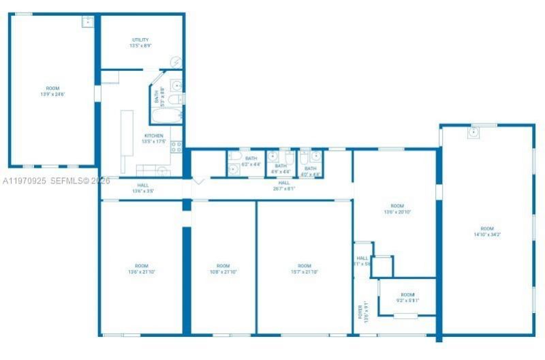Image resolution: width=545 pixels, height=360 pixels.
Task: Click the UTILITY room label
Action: tap(141, 40)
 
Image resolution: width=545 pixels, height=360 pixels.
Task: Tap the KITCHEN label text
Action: tap(153, 136)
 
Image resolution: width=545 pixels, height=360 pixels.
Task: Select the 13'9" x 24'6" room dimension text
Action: tap(52, 94)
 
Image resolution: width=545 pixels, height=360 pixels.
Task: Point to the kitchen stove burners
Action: tap(176, 146)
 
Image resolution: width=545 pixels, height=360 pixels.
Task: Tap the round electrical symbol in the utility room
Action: tap(176, 63)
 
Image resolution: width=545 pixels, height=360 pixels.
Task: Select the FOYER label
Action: tap(360, 312)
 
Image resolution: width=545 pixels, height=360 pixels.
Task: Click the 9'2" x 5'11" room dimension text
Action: tap(407, 300)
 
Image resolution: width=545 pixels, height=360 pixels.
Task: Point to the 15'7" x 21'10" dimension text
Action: tap(305, 272)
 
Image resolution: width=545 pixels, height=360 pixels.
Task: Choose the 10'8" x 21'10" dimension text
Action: tap(223, 272)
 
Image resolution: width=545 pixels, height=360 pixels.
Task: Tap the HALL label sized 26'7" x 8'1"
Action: tap(284, 183)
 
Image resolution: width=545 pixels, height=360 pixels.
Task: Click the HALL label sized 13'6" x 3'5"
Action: tap(143, 185)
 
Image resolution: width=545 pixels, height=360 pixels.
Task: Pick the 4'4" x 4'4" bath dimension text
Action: tap(281, 172)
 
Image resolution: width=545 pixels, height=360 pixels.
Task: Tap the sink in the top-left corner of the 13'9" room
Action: tap(87, 21)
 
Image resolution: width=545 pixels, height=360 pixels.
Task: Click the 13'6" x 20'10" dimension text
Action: tap(397, 211)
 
